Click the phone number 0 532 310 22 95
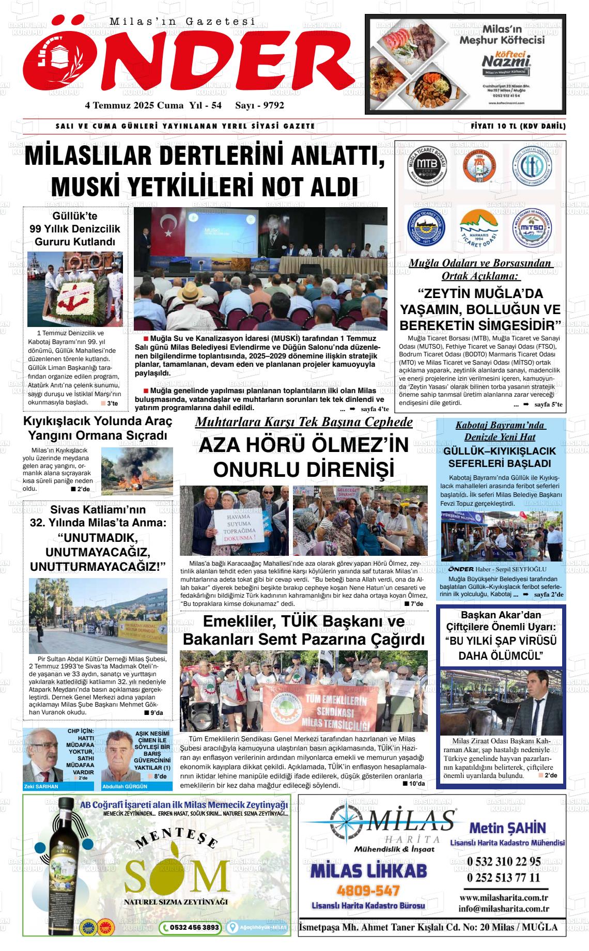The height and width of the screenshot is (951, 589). coord(503,861)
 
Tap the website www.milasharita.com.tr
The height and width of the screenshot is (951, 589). coord(503,898)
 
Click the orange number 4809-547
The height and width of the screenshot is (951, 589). coord(368,891)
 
